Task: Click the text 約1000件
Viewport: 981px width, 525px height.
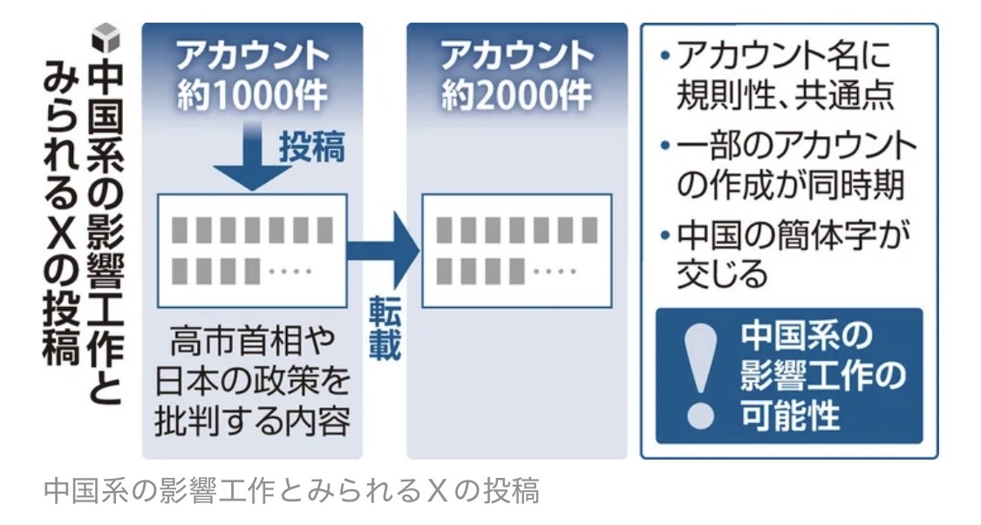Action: pos(252,96)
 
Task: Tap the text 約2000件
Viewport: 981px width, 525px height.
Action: pos(516,96)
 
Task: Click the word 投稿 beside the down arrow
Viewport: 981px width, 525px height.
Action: pos(311,147)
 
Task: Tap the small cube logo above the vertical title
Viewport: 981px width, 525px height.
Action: pos(106,37)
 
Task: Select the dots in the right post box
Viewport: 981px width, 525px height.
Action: pos(555,271)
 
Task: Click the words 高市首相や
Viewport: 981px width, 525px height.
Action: pos(252,340)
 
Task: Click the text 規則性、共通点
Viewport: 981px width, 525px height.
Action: pos(785,97)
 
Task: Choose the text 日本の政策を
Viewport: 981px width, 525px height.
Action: pos(252,381)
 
